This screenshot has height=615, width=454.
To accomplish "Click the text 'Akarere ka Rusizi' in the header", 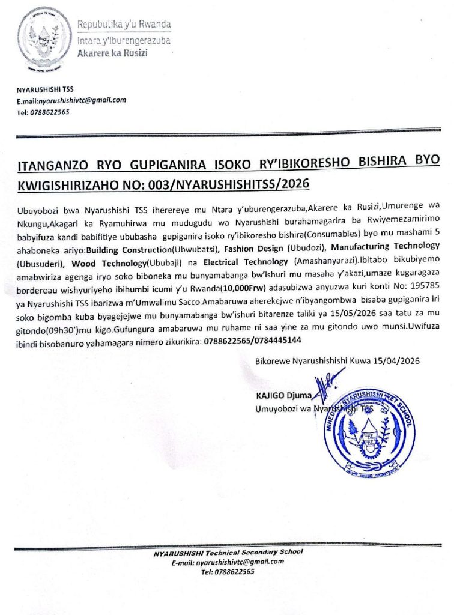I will pyautogui.click(x=112, y=53).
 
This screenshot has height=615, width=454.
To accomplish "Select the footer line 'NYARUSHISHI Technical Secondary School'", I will pyautogui.click(x=228, y=552).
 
